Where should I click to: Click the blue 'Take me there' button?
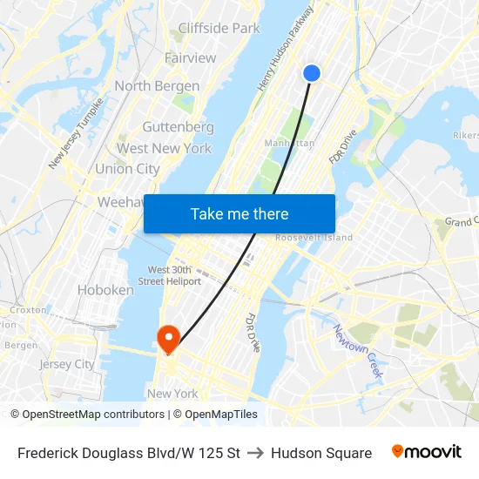click(x=239, y=214)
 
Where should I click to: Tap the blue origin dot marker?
click(x=312, y=73)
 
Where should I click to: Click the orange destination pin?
click(x=166, y=337)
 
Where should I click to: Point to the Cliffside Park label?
click(x=219, y=28)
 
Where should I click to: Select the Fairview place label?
click(x=190, y=57)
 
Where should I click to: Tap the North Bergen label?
click(x=157, y=86)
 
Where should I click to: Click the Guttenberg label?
click(x=178, y=126)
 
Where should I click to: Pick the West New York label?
click(x=164, y=148)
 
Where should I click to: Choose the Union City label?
click(x=127, y=169)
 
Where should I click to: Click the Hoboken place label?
click(x=105, y=290)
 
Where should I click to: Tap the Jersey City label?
click(x=67, y=364)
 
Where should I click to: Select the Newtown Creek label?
click(x=357, y=351)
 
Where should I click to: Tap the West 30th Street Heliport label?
click(x=174, y=275)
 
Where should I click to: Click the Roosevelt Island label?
click(x=314, y=238)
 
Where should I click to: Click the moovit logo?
click(x=426, y=452)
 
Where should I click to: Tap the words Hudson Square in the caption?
click(x=321, y=453)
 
